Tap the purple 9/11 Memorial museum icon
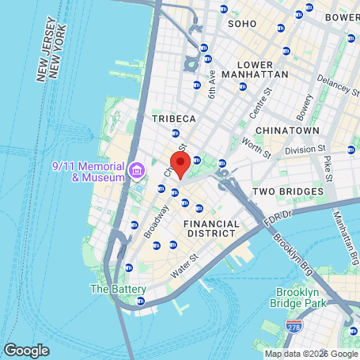pos(136,169)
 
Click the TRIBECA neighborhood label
pos(172,118)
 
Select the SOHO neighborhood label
pos(242,24)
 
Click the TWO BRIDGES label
pos(288,191)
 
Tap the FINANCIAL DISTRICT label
pos(210,229)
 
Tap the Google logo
pos(26,350)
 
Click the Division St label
pos(305,149)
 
